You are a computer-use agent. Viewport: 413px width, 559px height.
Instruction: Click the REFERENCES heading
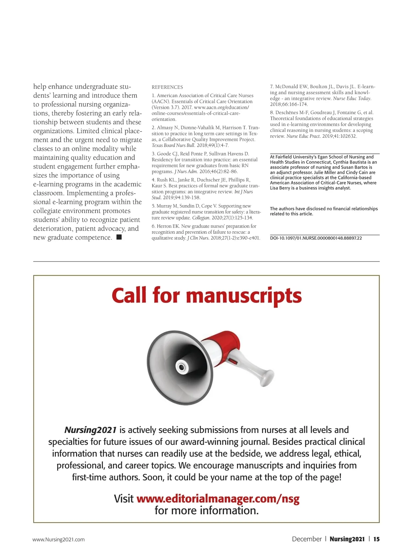coord(167,87)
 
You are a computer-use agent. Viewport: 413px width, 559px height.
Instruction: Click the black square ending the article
coord(119,237)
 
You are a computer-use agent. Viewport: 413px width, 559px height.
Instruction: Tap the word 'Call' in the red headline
coord(129,295)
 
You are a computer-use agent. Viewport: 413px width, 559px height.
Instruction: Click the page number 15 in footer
coord(377,539)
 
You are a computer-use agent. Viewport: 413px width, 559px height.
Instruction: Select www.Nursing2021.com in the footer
coord(59,539)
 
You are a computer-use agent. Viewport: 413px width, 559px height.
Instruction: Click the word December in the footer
coord(307,539)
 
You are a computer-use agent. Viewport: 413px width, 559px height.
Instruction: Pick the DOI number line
coord(316,238)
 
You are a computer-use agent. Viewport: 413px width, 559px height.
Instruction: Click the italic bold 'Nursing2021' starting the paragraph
coord(91,430)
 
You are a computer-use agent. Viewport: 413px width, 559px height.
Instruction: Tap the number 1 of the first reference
coord(153,96)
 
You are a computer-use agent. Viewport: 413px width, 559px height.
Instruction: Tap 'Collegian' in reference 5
coord(201,218)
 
